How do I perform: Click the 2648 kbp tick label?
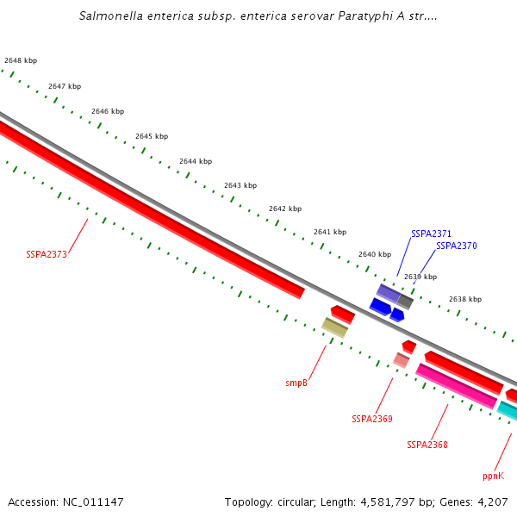click(x=21, y=60)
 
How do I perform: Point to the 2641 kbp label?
click(x=329, y=232)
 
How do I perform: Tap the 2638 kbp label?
click(x=464, y=299)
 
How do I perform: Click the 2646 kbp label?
click(x=108, y=111)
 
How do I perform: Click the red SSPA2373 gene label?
click(x=47, y=254)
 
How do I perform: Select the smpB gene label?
click(x=296, y=383)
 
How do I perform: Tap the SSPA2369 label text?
click(x=372, y=419)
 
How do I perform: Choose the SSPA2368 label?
click(x=427, y=445)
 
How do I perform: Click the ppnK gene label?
click(x=494, y=475)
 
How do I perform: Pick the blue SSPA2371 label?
click(x=432, y=234)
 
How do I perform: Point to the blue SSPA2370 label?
click(x=457, y=246)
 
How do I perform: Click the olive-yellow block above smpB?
click(x=335, y=327)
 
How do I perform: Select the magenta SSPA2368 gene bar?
click(x=457, y=386)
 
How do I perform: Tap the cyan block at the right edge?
click(x=508, y=410)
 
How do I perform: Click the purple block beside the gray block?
click(x=388, y=293)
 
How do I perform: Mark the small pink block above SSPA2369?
click(x=401, y=359)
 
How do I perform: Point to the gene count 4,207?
click(x=493, y=501)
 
